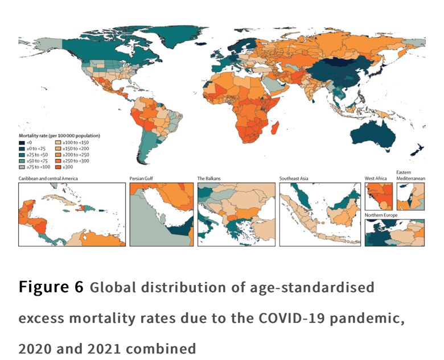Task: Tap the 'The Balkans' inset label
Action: [209, 179]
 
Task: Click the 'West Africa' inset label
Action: [376, 179]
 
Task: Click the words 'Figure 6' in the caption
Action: [51, 287]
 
